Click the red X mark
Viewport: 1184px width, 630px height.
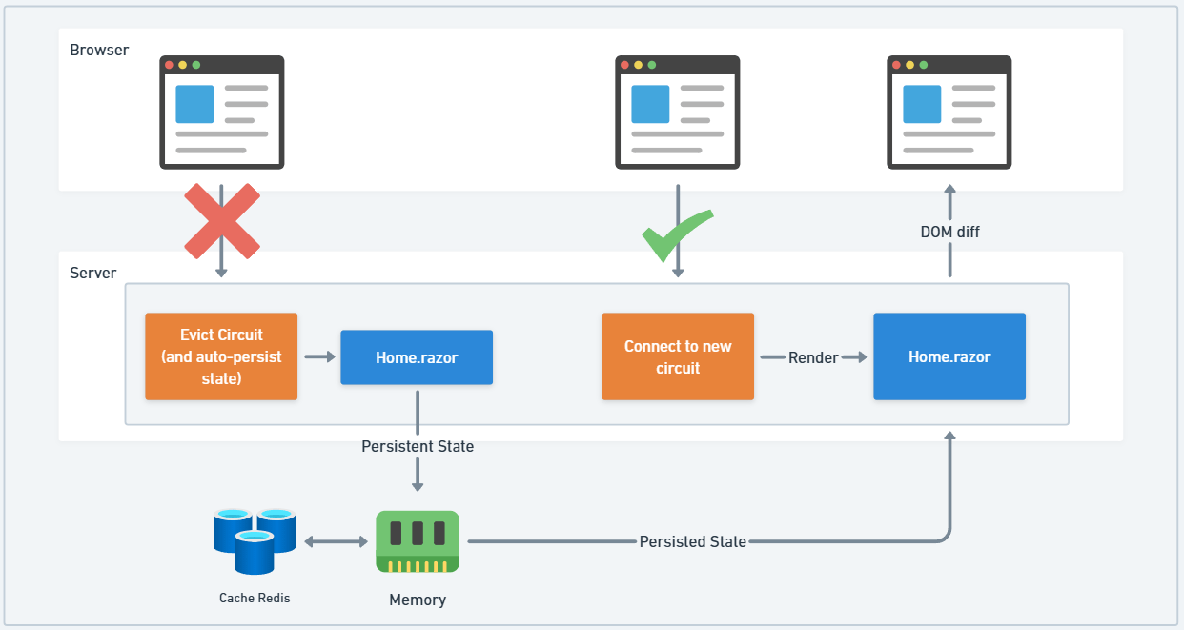point(221,222)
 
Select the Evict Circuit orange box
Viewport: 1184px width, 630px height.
point(221,356)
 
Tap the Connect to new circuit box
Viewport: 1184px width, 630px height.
point(678,356)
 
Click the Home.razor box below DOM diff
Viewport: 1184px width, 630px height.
point(949,356)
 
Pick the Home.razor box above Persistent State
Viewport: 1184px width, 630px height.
point(417,357)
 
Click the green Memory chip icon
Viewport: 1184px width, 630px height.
point(417,541)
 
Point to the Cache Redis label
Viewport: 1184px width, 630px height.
point(255,598)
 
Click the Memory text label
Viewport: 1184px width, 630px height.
point(417,600)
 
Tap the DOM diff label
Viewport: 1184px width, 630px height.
point(949,232)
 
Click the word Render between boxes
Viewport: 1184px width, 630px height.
point(813,357)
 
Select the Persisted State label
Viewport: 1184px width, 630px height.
point(693,541)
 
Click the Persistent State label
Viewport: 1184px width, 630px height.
point(418,446)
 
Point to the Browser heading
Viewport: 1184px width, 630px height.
point(99,50)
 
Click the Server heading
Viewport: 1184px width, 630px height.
point(93,273)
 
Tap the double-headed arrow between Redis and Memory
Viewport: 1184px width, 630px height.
point(336,541)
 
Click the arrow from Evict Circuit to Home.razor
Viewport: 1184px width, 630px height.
point(319,356)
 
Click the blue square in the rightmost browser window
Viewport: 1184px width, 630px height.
point(922,104)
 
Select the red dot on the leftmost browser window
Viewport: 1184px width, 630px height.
point(170,65)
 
